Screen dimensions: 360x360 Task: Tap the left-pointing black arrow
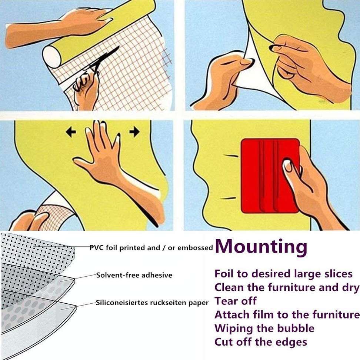pos(71,132)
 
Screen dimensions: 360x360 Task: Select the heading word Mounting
pos(261,246)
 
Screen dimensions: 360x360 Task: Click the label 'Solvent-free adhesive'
pos(134,275)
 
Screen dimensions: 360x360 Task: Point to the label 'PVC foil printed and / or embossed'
pos(151,248)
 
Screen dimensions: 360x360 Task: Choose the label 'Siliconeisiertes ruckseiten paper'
pos(152,303)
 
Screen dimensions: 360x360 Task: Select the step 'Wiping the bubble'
pos(264,328)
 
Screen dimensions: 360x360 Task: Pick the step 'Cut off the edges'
pos(261,341)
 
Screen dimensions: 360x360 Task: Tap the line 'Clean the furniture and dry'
pos(287,287)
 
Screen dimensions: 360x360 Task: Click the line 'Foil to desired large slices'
pos(283,274)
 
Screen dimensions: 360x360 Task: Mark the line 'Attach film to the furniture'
pos(287,314)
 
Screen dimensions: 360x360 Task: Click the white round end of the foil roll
pos(52,57)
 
